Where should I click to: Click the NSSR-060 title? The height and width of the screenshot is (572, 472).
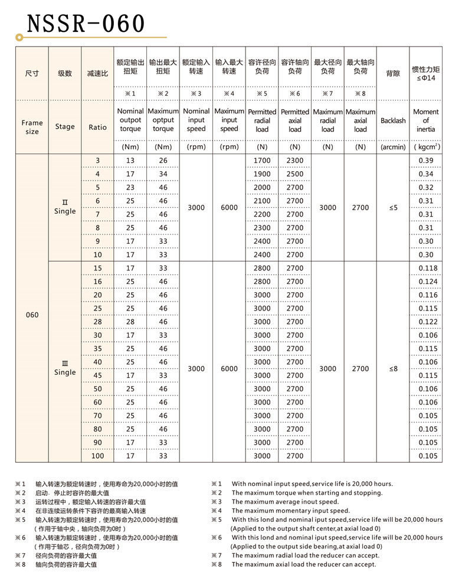click(86, 24)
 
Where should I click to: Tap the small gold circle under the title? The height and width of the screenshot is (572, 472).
click(19, 38)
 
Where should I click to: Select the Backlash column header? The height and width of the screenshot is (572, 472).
click(393, 120)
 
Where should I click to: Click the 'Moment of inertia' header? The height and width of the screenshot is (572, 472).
click(425, 120)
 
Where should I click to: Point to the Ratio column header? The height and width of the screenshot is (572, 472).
click(98, 127)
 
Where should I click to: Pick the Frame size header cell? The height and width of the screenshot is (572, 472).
click(32, 127)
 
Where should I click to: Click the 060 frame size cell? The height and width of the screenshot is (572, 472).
click(32, 315)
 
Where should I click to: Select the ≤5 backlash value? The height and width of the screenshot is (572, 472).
click(393, 208)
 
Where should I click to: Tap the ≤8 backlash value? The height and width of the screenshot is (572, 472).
click(393, 368)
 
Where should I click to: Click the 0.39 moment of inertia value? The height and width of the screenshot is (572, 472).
click(425, 161)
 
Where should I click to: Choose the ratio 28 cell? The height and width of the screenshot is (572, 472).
click(98, 322)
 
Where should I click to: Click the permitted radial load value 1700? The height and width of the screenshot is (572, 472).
click(262, 161)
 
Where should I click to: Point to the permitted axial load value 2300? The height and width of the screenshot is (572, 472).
click(294, 161)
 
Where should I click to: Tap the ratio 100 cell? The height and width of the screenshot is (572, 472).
click(98, 456)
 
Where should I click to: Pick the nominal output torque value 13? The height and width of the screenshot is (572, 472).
click(130, 161)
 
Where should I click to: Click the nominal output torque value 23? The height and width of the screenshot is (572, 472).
click(130, 188)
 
